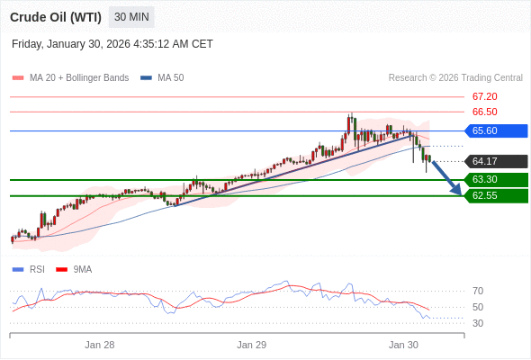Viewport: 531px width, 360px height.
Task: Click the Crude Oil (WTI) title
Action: pyautogui.click(x=55, y=17)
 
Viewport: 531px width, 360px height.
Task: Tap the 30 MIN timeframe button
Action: pyautogui.click(x=131, y=17)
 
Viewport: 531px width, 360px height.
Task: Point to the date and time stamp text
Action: pyautogui.click(x=112, y=43)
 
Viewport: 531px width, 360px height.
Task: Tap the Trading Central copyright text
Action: pyautogui.click(x=455, y=77)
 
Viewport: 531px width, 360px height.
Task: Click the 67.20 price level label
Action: pyautogui.click(x=484, y=96)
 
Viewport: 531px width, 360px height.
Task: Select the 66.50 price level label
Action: pyautogui.click(x=484, y=112)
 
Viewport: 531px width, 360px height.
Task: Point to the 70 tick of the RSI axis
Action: pyautogui.click(x=478, y=291)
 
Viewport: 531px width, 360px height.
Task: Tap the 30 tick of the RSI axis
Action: pyautogui.click(x=478, y=323)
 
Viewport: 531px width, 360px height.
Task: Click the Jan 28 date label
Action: pyautogui.click(x=100, y=345)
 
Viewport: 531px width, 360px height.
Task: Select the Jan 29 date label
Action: pyautogui.click(x=252, y=345)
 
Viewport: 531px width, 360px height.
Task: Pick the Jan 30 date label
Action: pyautogui.click(x=403, y=345)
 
